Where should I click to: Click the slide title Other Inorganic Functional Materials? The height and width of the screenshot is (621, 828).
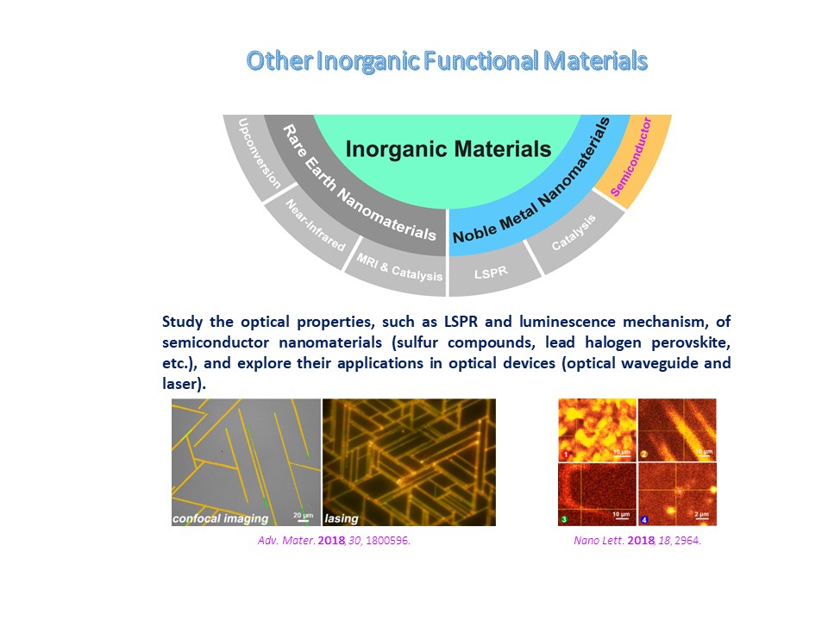[447, 60]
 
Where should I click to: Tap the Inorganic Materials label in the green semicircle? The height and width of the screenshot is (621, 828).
[448, 149]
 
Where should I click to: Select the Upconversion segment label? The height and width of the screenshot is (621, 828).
[259, 154]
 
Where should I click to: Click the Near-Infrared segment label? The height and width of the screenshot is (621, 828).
[316, 225]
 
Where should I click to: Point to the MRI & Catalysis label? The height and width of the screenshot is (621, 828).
[399, 267]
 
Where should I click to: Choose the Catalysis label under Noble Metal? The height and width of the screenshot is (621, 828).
[574, 232]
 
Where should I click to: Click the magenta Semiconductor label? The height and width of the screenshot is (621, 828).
[631, 157]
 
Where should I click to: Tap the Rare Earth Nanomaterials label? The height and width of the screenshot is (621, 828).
[360, 183]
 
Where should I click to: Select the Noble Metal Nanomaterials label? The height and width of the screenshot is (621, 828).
[531, 180]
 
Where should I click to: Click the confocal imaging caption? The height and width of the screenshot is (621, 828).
[220, 518]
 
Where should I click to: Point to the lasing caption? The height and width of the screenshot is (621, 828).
[342, 518]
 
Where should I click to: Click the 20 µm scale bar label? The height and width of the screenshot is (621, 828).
[303, 515]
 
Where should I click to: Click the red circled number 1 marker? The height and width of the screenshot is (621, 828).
[566, 455]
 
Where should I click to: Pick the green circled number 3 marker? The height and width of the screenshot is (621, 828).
[564, 519]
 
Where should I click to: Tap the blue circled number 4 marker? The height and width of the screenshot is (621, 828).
[643, 520]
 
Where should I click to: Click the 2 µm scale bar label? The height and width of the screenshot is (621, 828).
[701, 514]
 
